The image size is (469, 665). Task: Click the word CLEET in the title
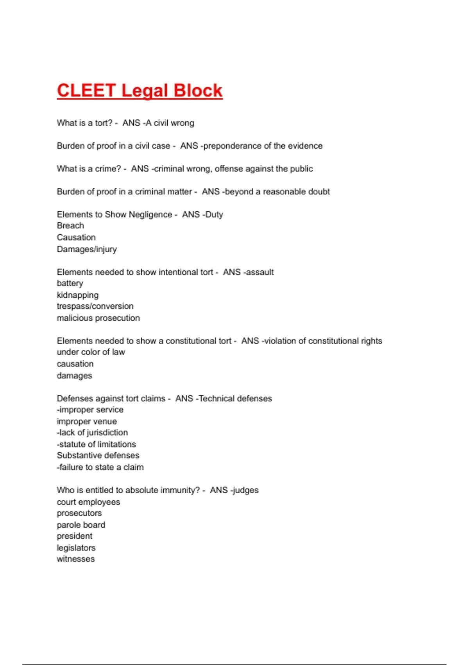pyautogui.click(x=86, y=91)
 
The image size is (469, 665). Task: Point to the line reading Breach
pyautogui.click(x=70, y=226)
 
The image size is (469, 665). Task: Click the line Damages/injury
pyautogui.click(x=87, y=249)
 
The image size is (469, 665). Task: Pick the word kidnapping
pyautogui.click(x=77, y=295)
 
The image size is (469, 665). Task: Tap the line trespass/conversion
pyautogui.click(x=95, y=306)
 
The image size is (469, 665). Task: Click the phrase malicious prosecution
pyautogui.click(x=98, y=318)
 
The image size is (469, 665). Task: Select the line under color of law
pyautogui.click(x=91, y=352)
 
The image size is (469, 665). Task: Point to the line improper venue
pyautogui.click(x=87, y=421)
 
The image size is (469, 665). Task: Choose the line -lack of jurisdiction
pyautogui.click(x=92, y=433)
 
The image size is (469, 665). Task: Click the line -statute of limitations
pyautogui.click(x=96, y=444)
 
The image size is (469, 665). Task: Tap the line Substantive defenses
pyautogui.click(x=98, y=456)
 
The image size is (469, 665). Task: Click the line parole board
pyautogui.click(x=81, y=525)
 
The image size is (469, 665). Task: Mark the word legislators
pyautogui.click(x=76, y=548)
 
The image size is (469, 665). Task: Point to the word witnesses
pyautogui.click(x=76, y=559)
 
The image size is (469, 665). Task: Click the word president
pyautogui.click(x=75, y=536)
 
